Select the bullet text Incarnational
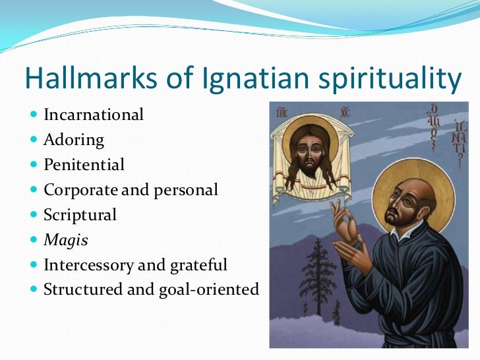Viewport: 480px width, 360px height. [93, 115]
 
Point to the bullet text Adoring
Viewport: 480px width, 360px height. [74, 140]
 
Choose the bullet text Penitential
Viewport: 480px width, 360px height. [84, 165]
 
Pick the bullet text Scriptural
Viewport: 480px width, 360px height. [80, 215]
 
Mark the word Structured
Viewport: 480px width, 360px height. [83, 289]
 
